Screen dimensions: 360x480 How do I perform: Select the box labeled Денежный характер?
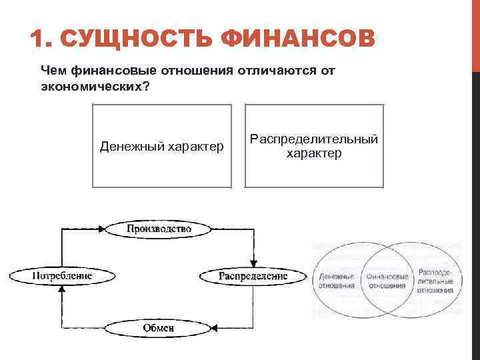pyautogui.click(x=162, y=146)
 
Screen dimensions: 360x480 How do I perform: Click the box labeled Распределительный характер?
pyautogui.click(x=314, y=146)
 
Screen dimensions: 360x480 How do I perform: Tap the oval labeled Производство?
pyautogui.click(x=159, y=229)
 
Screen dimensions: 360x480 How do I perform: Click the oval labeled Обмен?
pyautogui.click(x=159, y=327)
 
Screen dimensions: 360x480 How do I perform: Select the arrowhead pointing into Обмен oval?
pyautogui.click(x=216, y=327)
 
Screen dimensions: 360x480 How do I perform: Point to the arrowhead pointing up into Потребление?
pyautogui.click(x=61, y=288)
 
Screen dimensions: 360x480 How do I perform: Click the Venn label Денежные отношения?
pyautogui.click(x=337, y=281)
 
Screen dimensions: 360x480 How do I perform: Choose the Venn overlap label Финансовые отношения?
pyautogui.click(x=386, y=281)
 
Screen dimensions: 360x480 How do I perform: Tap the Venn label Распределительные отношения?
pyautogui.click(x=436, y=281)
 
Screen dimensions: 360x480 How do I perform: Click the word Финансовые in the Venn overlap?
pyautogui.click(x=386, y=276)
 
